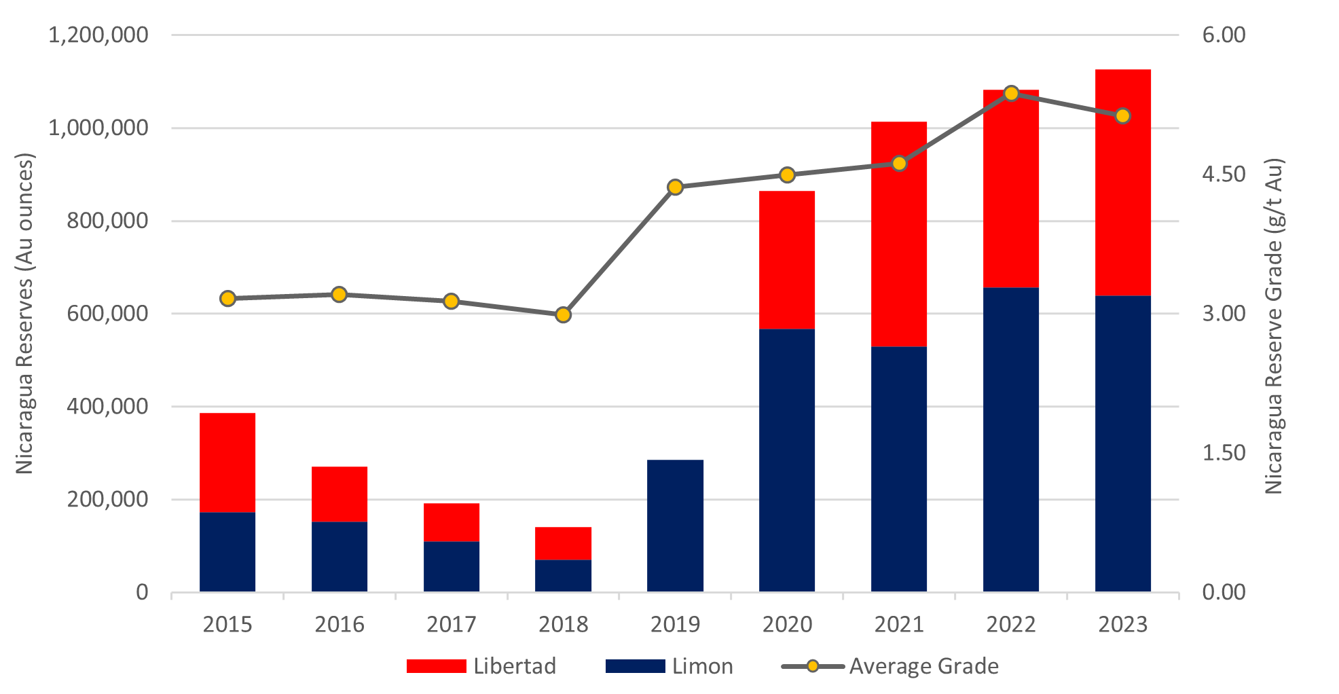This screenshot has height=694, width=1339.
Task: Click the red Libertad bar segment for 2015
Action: pos(227,462)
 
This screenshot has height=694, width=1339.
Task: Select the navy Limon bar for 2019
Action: pos(675,526)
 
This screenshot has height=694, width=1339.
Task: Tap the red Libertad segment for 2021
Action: pos(899,234)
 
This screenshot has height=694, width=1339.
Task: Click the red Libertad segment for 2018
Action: pos(563,543)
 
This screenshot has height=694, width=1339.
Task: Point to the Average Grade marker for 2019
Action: pos(675,187)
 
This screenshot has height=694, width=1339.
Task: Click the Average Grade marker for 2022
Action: pos(1011,94)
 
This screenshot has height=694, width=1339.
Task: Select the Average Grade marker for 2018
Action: pos(563,315)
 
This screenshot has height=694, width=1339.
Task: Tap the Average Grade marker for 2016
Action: pos(340,295)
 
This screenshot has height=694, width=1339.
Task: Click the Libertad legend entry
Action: pos(481,666)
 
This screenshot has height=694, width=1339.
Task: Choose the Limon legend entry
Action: pos(669,666)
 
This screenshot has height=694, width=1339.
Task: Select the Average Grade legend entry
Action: pos(890,666)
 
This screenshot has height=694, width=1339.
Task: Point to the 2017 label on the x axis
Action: pos(452,625)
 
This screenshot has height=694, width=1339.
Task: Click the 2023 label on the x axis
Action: pos(1123,625)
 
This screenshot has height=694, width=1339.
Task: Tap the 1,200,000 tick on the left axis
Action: pos(98,35)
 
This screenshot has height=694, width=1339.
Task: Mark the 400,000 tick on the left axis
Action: pos(107,406)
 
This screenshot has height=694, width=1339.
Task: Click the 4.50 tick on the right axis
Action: pos(1224,175)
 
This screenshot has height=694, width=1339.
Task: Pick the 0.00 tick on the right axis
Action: pos(1224,592)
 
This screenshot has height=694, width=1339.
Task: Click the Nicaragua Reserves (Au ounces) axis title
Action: pos(25,314)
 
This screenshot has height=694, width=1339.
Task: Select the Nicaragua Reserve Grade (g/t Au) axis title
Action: pos(1274,326)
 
